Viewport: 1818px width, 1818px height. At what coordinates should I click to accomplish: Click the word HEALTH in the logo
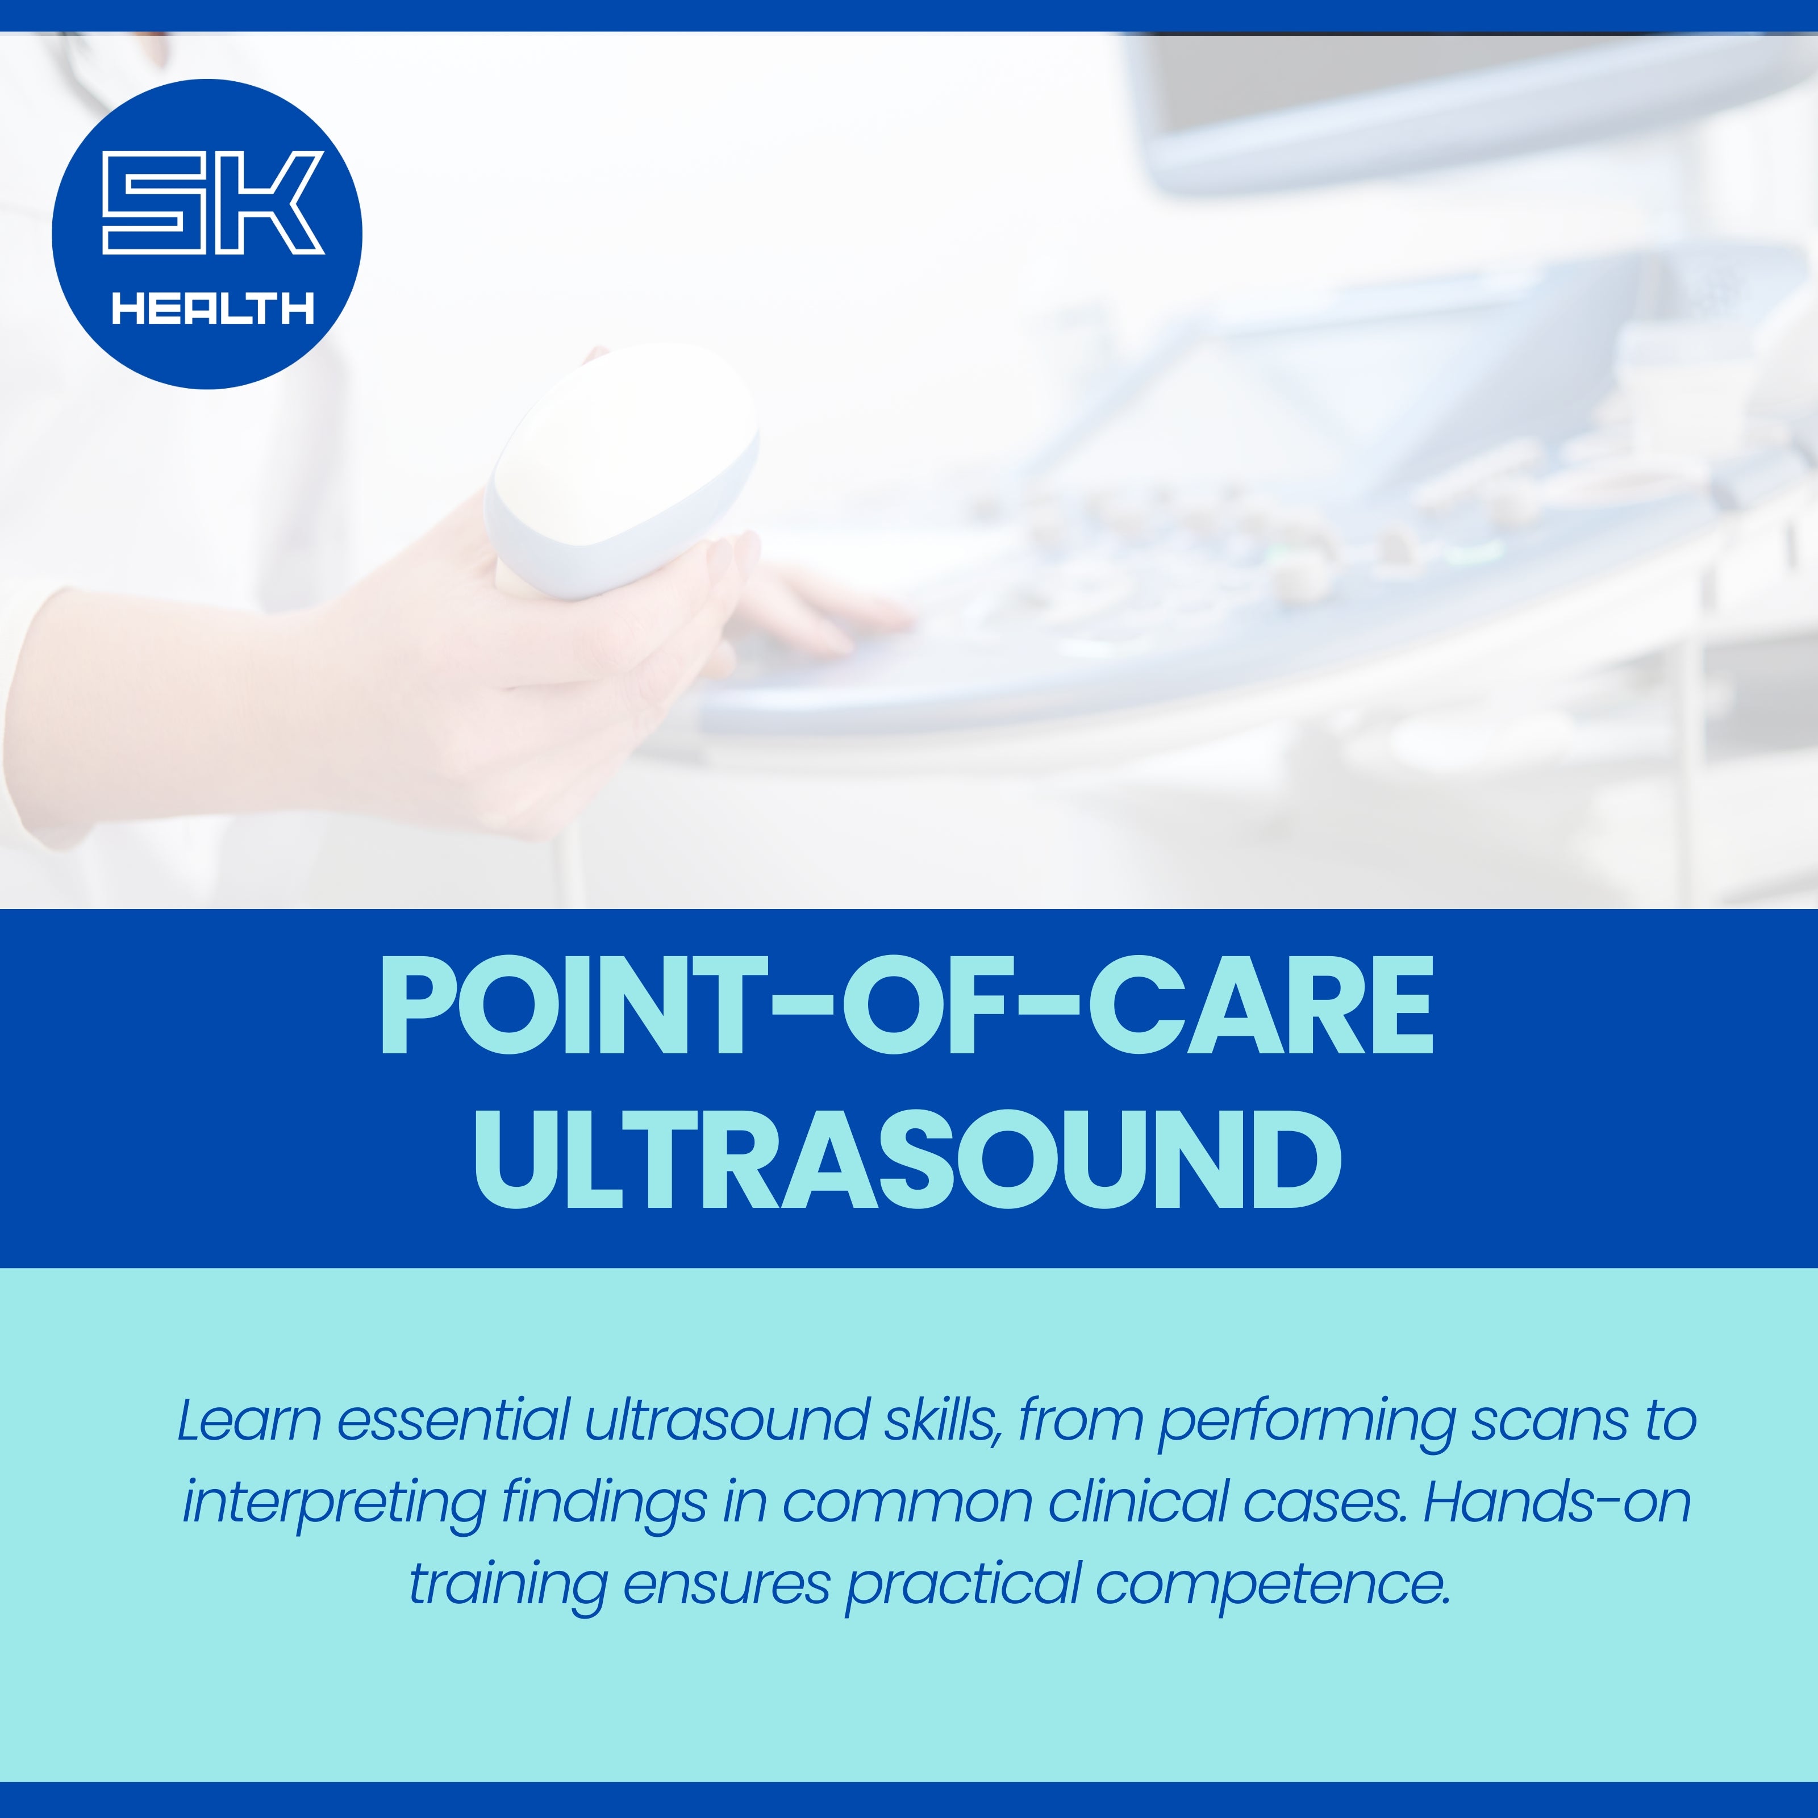click(212, 308)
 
